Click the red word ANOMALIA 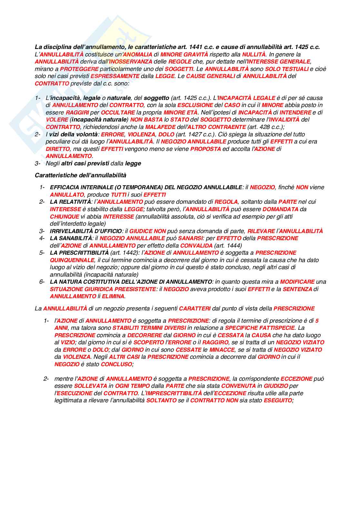point(138,54)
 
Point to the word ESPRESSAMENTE point(115,76)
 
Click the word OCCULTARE point(118,113)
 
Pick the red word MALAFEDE point(159,127)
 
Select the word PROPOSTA point(205,149)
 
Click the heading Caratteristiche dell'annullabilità point(80,175)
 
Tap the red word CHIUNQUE point(65,217)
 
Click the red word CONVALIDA point(196,246)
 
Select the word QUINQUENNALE point(72,260)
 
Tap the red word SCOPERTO point(149,342)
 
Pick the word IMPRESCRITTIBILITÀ point(174,393)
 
